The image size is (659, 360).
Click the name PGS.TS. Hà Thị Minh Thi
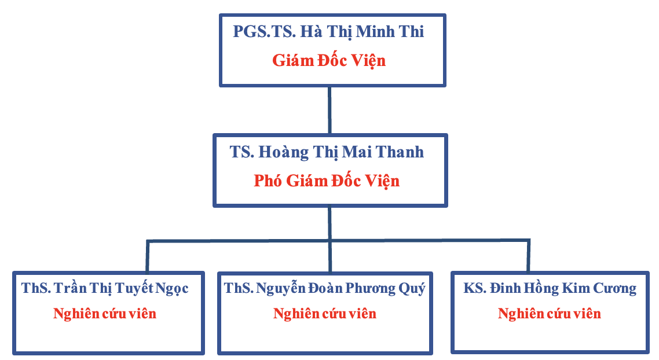(x=328, y=32)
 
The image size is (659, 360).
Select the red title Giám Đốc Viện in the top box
(x=329, y=61)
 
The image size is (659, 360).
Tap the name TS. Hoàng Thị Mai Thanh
(x=327, y=152)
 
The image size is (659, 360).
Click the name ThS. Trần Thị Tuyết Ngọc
(x=105, y=289)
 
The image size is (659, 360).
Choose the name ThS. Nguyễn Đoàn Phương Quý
(x=324, y=289)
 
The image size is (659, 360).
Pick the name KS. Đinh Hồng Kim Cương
(x=550, y=289)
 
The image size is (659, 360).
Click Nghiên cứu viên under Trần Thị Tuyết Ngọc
(x=105, y=314)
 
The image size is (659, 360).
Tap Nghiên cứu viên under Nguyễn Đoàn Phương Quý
(x=325, y=314)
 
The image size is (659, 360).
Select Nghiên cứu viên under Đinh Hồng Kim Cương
(x=550, y=314)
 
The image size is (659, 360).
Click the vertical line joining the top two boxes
(x=329, y=111)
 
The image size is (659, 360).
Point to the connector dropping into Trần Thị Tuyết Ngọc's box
(x=148, y=256)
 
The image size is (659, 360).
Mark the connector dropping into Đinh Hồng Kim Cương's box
(x=528, y=256)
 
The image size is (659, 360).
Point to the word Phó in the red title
(x=268, y=181)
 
